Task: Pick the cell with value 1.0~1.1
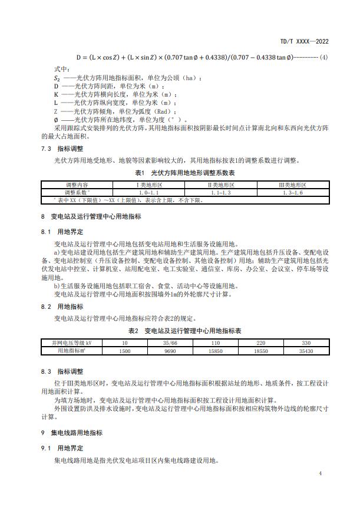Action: (149, 192)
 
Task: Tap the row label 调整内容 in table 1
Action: (77, 185)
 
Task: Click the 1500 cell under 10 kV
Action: (124, 351)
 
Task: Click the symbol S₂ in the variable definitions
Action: (57, 77)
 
